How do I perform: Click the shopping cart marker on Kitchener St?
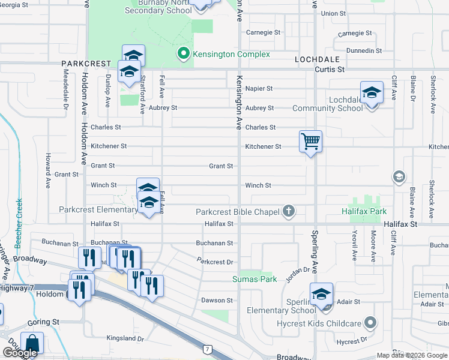(x=310, y=142)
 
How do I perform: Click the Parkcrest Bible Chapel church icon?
(x=289, y=211)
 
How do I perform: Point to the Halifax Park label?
(x=364, y=212)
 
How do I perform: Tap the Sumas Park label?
(x=255, y=279)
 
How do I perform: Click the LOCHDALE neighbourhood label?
(x=317, y=59)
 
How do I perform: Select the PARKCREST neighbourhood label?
(x=86, y=63)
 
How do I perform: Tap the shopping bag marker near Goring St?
(x=32, y=344)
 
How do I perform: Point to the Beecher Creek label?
(x=19, y=224)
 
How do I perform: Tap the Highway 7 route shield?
(x=207, y=348)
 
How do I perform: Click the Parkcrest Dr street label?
(x=215, y=262)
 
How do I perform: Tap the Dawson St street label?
(x=217, y=300)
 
